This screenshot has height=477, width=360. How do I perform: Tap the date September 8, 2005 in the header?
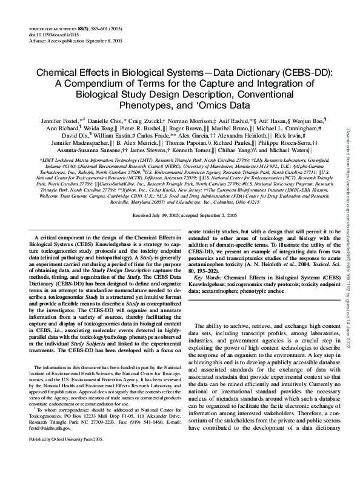click(90, 42)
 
